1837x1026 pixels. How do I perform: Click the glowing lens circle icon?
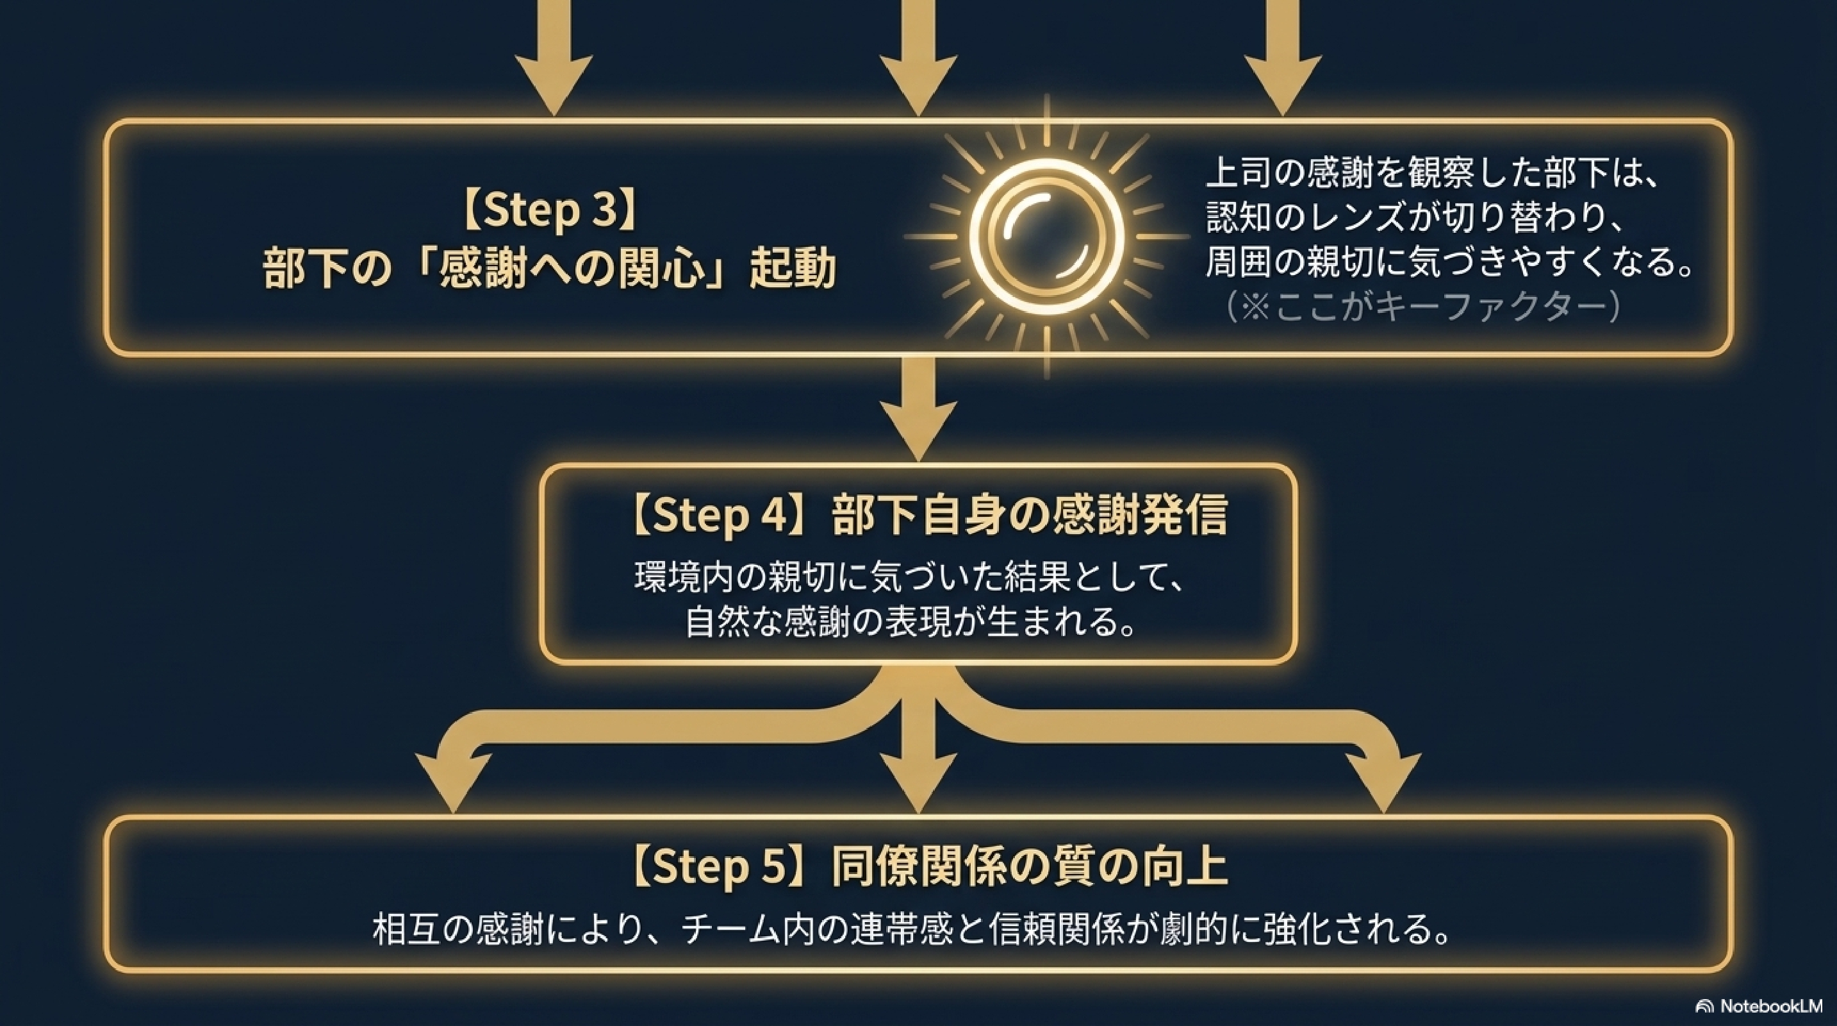pyautogui.click(x=1046, y=233)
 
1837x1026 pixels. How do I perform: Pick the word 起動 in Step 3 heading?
pyautogui.click(x=793, y=270)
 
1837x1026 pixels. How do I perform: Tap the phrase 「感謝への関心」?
pyautogui.click(x=570, y=270)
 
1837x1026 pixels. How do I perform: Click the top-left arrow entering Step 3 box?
pyautogui.click(x=554, y=57)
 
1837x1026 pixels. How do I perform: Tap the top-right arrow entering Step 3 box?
pyautogui.click(x=1282, y=57)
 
